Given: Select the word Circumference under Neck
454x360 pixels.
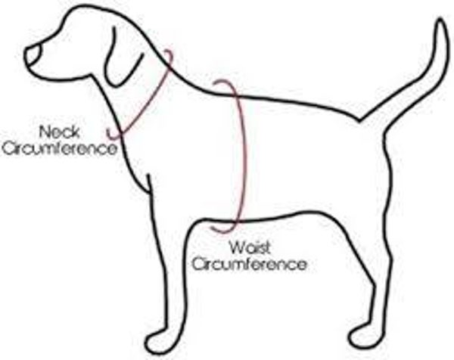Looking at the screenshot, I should click(61, 147).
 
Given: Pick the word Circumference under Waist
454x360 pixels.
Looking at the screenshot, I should click(250, 264).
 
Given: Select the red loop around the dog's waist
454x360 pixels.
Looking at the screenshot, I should click(241, 151).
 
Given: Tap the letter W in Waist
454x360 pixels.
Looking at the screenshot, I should click(233, 247).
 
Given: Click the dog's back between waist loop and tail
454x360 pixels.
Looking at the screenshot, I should click(303, 103).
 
